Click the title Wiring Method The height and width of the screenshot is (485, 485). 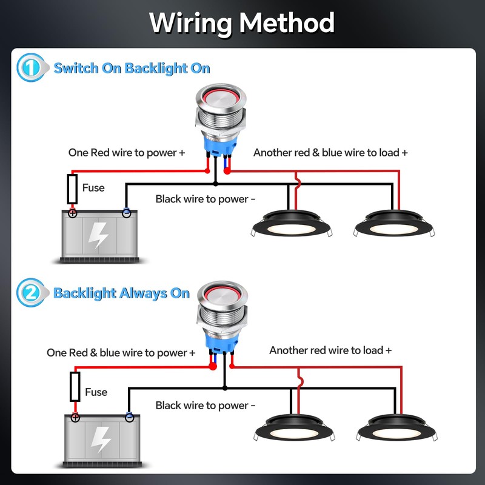[x=242, y=23]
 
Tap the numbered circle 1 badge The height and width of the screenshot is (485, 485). [x=30, y=67]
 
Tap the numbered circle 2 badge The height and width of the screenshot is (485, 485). [x=30, y=293]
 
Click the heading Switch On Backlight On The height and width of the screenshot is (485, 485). [x=132, y=68]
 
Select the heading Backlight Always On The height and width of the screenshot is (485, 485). [x=121, y=293]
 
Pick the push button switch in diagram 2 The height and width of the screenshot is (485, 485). [x=221, y=327]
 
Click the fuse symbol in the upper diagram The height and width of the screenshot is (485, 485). [x=72, y=189]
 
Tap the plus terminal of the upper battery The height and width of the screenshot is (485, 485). [x=73, y=213]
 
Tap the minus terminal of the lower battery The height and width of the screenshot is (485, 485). [x=129, y=418]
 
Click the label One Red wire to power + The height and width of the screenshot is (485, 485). [x=126, y=153]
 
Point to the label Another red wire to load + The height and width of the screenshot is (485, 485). [x=330, y=350]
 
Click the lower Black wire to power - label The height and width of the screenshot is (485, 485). [x=206, y=405]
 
